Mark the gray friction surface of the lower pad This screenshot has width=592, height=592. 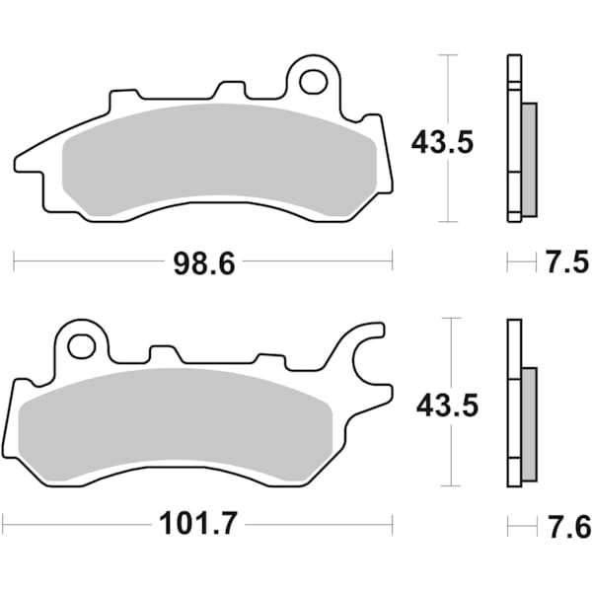[x=178, y=419]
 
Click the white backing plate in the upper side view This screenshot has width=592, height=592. [x=512, y=138]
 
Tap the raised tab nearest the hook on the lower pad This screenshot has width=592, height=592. [x=269, y=360]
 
